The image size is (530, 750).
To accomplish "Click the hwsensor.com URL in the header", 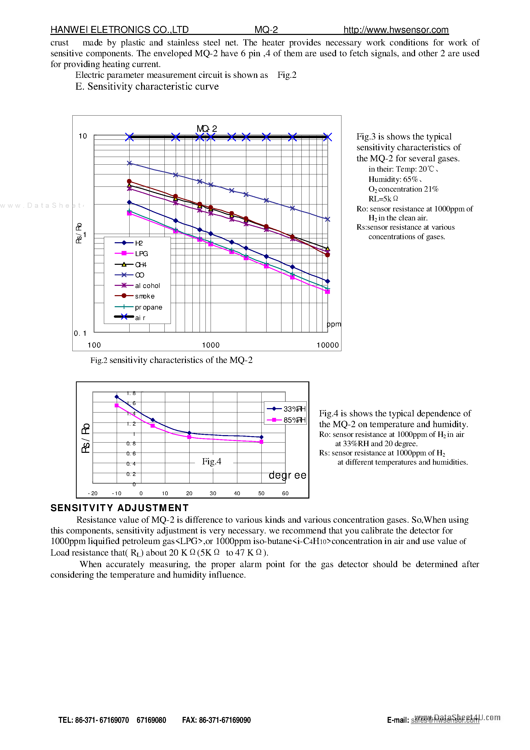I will click(x=396, y=30).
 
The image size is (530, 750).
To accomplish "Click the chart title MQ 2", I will click(x=207, y=128).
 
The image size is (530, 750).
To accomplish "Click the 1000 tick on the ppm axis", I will click(x=211, y=345).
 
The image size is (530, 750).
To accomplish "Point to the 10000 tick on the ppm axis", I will click(x=328, y=345).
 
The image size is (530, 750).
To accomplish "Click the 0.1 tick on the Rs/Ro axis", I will click(x=80, y=333).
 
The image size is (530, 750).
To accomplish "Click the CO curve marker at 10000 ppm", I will click(x=328, y=219).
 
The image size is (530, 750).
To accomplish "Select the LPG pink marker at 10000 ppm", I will click(x=328, y=291).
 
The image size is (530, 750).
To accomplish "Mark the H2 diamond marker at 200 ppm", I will click(x=129, y=202).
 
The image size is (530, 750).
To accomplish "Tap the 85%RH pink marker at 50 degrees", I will click(x=261, y=442).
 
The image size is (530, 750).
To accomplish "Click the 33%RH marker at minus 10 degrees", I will click(x=116, y=397).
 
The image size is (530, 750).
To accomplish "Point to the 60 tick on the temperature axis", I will click(x=285, y=493).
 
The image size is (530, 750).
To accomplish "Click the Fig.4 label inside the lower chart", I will click(x=211, y=461).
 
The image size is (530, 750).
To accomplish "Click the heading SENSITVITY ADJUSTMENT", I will click(x=120, y=508).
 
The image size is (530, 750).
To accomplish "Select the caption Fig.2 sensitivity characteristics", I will click(x=171, y=360).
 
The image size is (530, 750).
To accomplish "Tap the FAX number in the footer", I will click(x=216, y=720).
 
